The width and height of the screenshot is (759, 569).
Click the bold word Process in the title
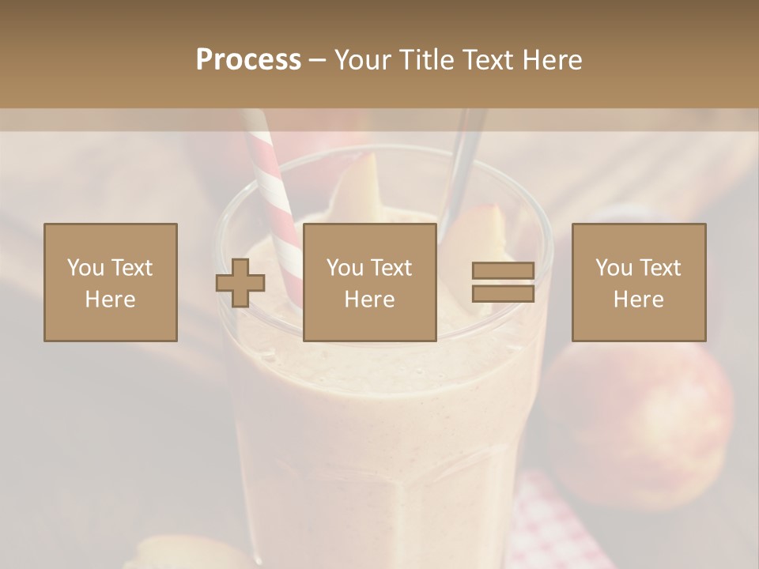coord(248,60)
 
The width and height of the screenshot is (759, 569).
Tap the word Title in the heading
coord(428,60)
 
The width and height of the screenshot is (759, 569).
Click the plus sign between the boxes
coord(240,282)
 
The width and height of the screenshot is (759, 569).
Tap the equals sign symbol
coord(503,282)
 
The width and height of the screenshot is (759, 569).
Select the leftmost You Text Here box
coord(111,282)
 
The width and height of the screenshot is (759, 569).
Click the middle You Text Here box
coord(369,282)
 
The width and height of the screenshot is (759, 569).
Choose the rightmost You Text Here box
coord(639,282)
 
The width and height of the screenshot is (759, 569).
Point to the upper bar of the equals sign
coord(503,270)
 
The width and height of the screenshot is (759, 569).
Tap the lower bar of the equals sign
coord(503,294)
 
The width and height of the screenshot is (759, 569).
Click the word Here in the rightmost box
coord(639,300)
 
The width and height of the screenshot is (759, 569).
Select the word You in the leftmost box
coord(85,268)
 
